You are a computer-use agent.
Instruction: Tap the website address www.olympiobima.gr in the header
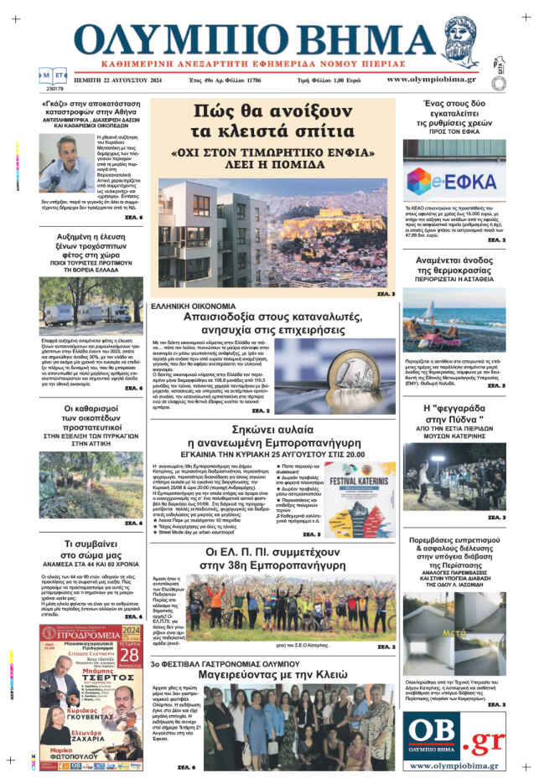(431, 80)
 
